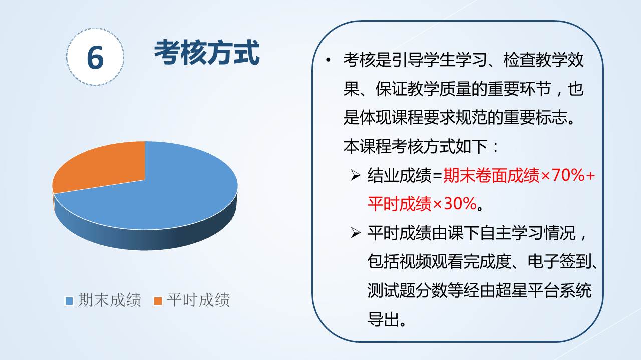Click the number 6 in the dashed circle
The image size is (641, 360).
95,58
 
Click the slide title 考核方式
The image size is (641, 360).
207,53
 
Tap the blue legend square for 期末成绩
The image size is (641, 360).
69,301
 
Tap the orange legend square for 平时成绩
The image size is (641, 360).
158,301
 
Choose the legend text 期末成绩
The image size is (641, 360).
110,300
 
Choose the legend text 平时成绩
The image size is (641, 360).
198,300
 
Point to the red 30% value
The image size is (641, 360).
460,204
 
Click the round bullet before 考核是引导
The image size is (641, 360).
328,60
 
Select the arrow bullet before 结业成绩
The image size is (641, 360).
356,175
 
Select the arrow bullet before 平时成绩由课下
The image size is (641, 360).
356,233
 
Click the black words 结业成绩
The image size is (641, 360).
400,175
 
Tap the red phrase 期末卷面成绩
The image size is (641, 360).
491,175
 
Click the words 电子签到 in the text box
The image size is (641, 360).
559,261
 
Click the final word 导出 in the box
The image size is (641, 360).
384,319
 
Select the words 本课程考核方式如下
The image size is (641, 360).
415,146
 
